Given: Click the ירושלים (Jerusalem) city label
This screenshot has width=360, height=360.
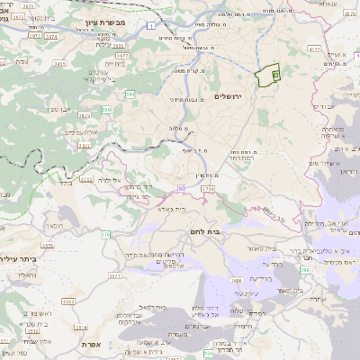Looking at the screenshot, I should pyautogui.click(x=229, y=96).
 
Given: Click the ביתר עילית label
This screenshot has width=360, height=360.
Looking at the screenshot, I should pyautogui.click(x=22, y=258).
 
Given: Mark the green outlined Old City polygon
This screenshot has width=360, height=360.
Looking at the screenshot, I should pyautogui.click(x=268, y=77).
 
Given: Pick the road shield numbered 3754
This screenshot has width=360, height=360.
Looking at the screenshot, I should pyautogui.click(x=208, y=190).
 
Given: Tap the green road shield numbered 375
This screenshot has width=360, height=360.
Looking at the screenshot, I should pyautogui.click(x=105, y=234).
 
